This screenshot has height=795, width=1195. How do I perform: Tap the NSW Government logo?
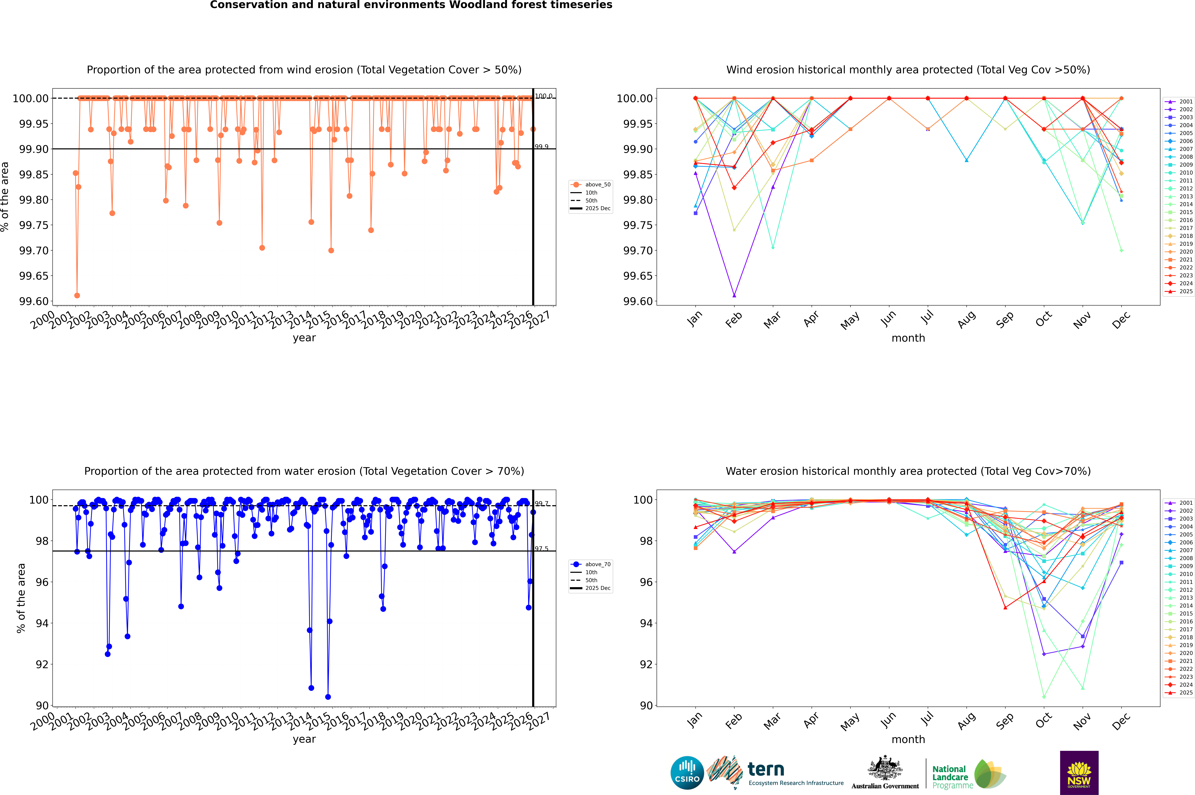[1079, 773]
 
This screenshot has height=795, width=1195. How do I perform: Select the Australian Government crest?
[885, 770]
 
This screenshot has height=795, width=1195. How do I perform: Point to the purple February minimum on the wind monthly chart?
[734, 295]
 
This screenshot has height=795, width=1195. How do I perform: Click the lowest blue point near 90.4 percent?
[328, 697]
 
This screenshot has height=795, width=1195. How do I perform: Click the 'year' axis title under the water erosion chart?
[304, 739]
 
